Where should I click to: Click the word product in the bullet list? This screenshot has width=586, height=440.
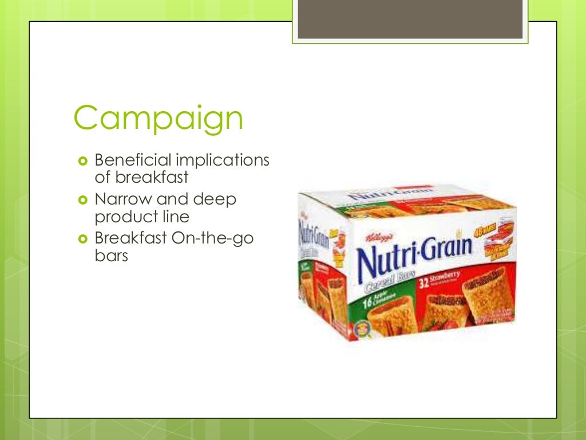(121, 217)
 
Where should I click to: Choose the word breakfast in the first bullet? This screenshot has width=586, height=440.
(141, 178)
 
